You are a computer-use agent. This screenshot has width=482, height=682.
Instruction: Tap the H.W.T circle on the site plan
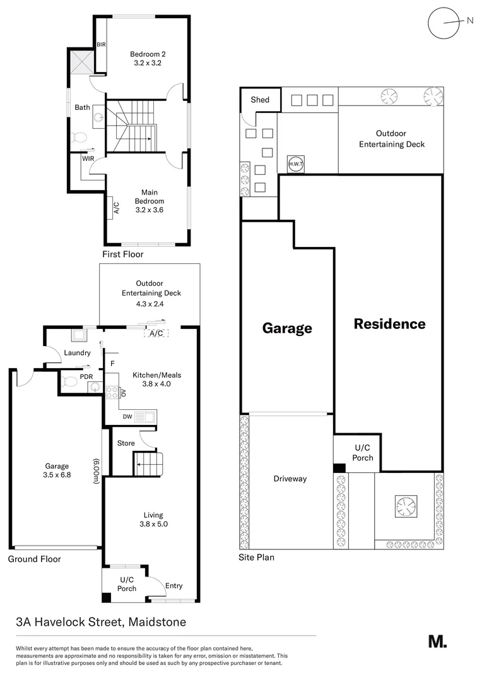click(x=295, y=163)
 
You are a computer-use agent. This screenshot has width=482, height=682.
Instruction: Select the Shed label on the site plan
click(x=259, y=100)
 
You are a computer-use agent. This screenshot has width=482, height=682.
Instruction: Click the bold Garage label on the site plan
click(x=287, y=328)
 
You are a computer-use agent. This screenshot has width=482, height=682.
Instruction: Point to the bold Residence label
click(x=389, y=324)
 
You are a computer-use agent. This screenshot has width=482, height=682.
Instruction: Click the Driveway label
click(x=290, y=479)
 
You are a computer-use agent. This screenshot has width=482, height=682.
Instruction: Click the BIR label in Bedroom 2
click(x=101, y=45)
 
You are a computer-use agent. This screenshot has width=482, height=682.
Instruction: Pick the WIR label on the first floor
click(x=87, y=159)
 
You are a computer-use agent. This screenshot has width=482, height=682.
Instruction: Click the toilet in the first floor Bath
click(x=79, y=137)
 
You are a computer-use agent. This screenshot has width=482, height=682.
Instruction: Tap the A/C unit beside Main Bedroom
click(x=117, y=206)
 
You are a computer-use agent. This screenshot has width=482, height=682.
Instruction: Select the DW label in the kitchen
click(x=127, y=417)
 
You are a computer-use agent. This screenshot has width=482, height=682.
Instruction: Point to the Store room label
click(x=126, y=443)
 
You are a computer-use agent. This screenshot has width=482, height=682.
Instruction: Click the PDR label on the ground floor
click(x=86, y=377)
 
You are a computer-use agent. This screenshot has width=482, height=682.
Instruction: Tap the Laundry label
click(x=77, y=353)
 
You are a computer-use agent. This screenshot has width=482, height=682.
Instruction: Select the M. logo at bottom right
click(x=437, y=642)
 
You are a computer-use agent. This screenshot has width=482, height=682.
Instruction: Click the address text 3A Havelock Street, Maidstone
click(x=101, y=622)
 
